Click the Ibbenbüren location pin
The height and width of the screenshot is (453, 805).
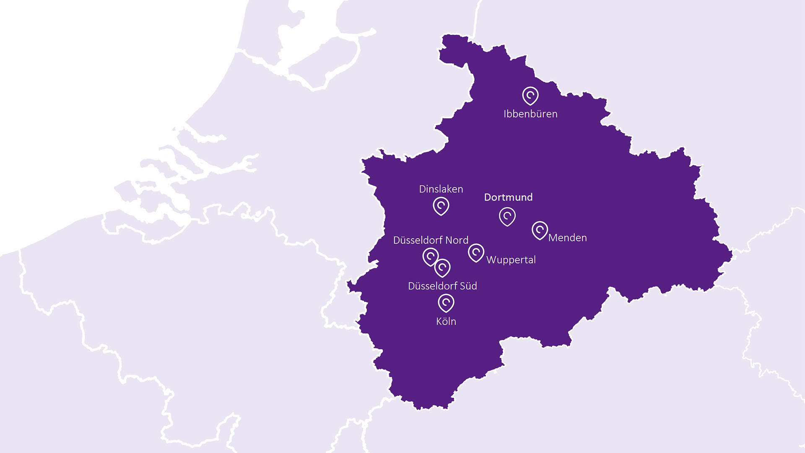pos(530,96)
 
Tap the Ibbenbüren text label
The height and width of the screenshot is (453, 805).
pos(530,114)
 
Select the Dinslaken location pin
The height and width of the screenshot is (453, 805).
pos(441,206)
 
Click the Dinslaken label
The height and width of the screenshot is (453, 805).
pos(441,189)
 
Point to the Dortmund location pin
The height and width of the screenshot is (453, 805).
pos(507,216)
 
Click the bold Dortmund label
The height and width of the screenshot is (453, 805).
pos(508,197)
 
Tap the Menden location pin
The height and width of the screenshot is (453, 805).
pos(540,230)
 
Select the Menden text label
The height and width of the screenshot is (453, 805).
pos(567,238)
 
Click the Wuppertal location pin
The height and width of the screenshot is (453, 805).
pos(476,253)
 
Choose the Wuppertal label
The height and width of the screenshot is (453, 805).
pos(511,260)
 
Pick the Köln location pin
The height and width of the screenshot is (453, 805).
pos(446,302)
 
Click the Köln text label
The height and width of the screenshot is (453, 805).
pos(446,322)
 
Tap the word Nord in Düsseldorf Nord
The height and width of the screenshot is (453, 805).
pos(457,240)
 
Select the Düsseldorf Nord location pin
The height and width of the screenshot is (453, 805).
pos(430,256)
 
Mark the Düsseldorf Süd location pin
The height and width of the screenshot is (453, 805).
pos(442,268)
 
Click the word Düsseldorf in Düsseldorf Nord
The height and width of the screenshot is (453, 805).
pos(418,240)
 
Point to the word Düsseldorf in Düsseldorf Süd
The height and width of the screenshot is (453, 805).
pos(432,286)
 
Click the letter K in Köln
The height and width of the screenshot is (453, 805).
pos(439,322)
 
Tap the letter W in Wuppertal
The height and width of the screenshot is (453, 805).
pos(491,260)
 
